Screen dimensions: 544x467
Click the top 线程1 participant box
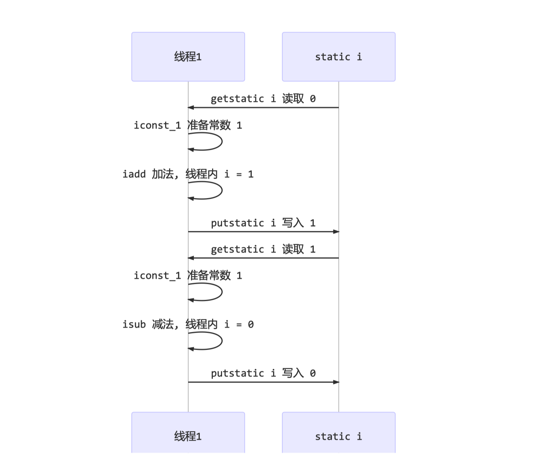tap(188, 57)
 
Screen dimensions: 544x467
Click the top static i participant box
tap(339, 57)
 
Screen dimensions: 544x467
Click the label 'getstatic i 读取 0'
tap(263, 99)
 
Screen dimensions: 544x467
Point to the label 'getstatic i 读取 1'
tap(263, 249)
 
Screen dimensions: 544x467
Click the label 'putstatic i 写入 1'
tap(263, 223)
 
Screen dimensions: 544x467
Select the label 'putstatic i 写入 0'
tap(263, 373)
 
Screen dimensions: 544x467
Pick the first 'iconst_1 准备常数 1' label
tap(188, 125)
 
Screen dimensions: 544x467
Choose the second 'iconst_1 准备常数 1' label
tap(188, 276)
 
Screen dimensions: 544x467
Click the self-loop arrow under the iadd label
tap(221, 191)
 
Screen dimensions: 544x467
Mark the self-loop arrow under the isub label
tap(221, 341)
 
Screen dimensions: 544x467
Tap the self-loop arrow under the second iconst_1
tap(221, 292)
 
